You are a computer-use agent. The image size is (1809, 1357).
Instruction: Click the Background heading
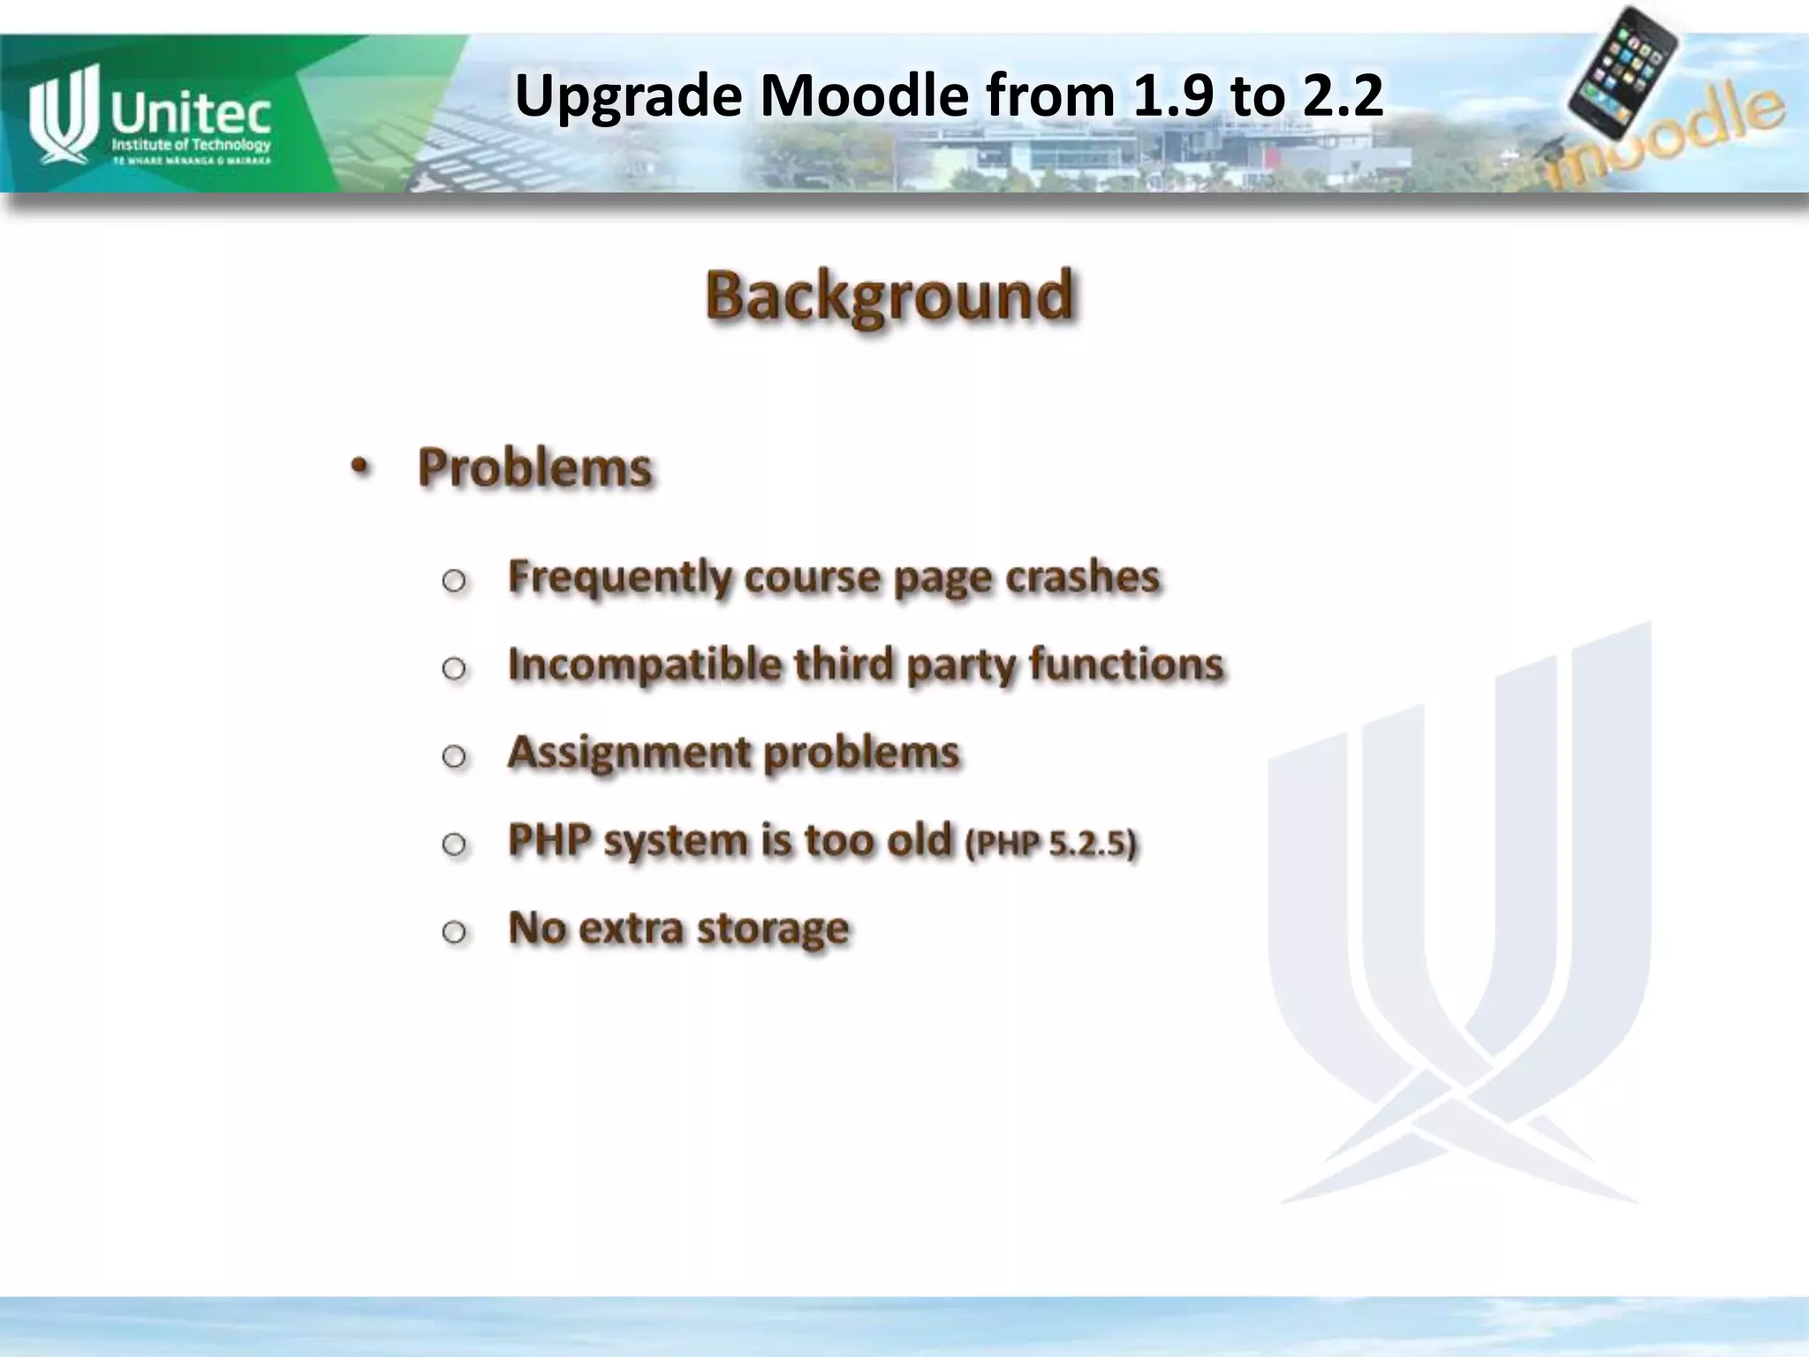889,296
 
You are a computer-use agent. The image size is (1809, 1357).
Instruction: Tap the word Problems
534,467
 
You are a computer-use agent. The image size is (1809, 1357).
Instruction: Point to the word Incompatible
645,664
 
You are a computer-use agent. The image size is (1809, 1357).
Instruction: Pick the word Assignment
629,753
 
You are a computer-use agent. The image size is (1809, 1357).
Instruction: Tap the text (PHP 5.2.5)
1051,844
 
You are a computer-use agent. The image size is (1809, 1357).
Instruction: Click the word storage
773,929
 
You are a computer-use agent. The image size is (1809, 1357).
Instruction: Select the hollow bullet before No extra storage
454,931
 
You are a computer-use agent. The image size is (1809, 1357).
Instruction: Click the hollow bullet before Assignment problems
454,755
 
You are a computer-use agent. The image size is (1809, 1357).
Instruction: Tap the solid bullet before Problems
359,467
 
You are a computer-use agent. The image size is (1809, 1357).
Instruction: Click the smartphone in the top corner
1624,71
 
